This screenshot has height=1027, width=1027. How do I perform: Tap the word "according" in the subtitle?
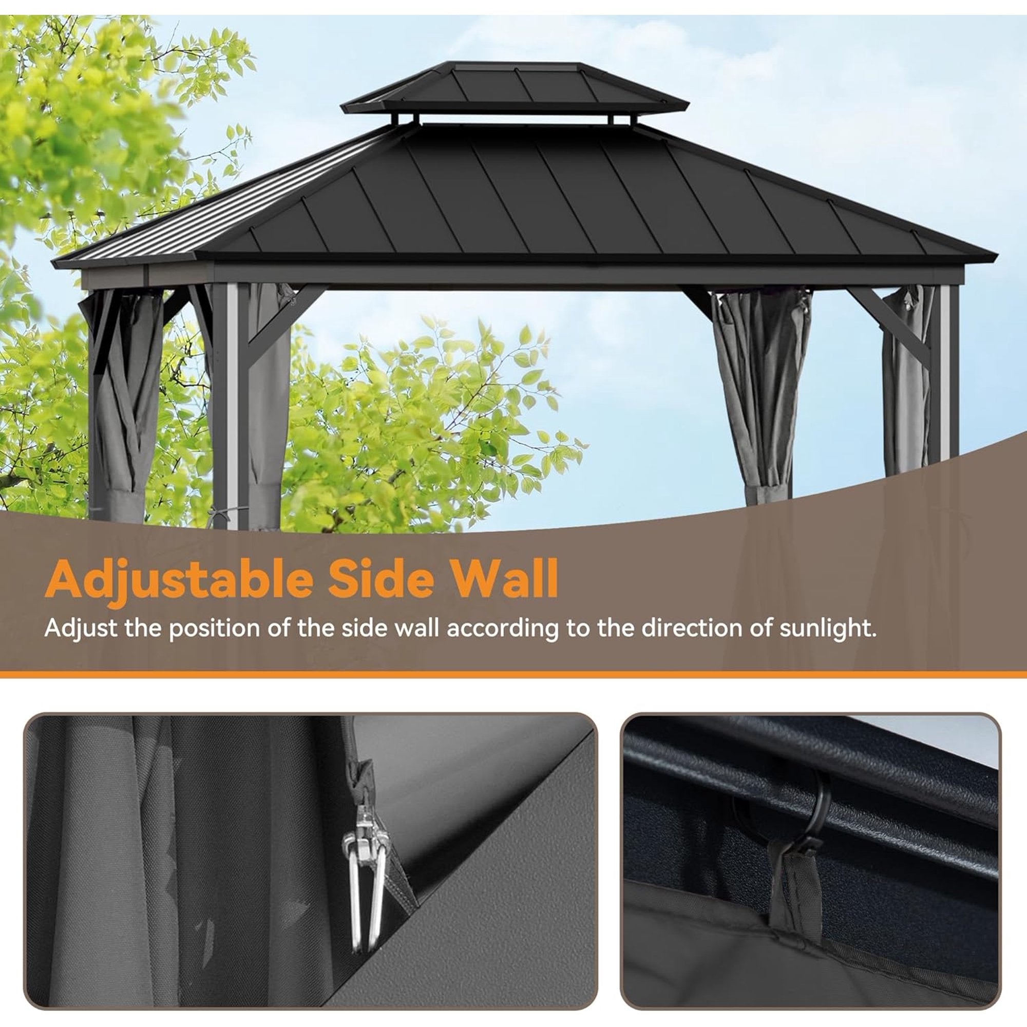[x=502, y=628]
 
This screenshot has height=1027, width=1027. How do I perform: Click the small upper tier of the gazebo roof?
[x=515, y=88]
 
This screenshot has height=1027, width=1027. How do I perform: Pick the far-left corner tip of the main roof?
[x=54, y=261]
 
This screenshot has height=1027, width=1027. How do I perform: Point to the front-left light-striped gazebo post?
[x=232, y=404]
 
